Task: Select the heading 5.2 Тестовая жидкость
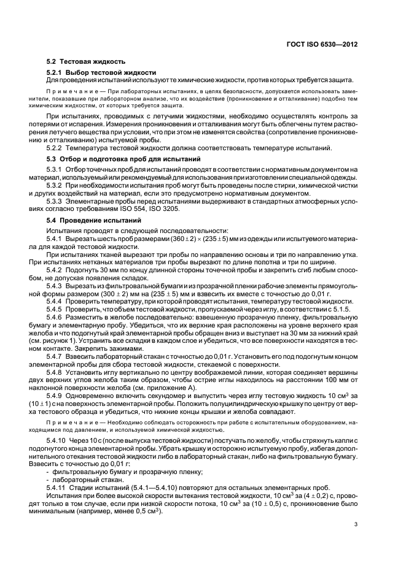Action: pos(86,61)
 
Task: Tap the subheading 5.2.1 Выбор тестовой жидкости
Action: pos(101,72)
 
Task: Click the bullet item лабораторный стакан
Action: pos(80,478)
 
